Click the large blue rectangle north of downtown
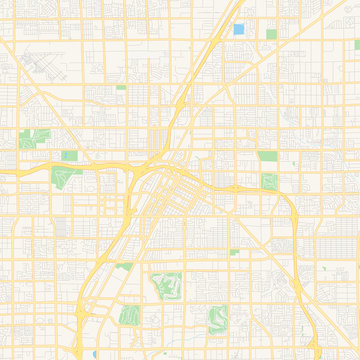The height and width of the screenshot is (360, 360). pyautogui.click(x=238, y=29)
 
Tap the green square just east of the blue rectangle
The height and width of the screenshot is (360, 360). pyautogui.click(x=271, y=34)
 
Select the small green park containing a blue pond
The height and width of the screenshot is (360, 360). pyautogui.click(x=69, y=156)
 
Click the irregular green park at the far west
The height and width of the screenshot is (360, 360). pyautogui.click(x=38, y=137)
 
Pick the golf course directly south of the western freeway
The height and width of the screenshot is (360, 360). pyautogui.click(x=68, y=179)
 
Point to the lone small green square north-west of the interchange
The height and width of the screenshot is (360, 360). pyautogui.click(x=121, y=88)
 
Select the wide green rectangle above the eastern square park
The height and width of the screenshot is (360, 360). pyautogui.click(x=267, y=156)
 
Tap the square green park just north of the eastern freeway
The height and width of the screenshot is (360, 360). pyautogui.click(x=269, y=181)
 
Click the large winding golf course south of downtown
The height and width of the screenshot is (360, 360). pyautogui.click(x=165, y=289)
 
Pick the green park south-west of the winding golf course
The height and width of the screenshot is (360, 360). pyautogui.click(x=128, y=315)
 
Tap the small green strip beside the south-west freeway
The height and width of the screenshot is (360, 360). pyautogui.click(x=123, y=266)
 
